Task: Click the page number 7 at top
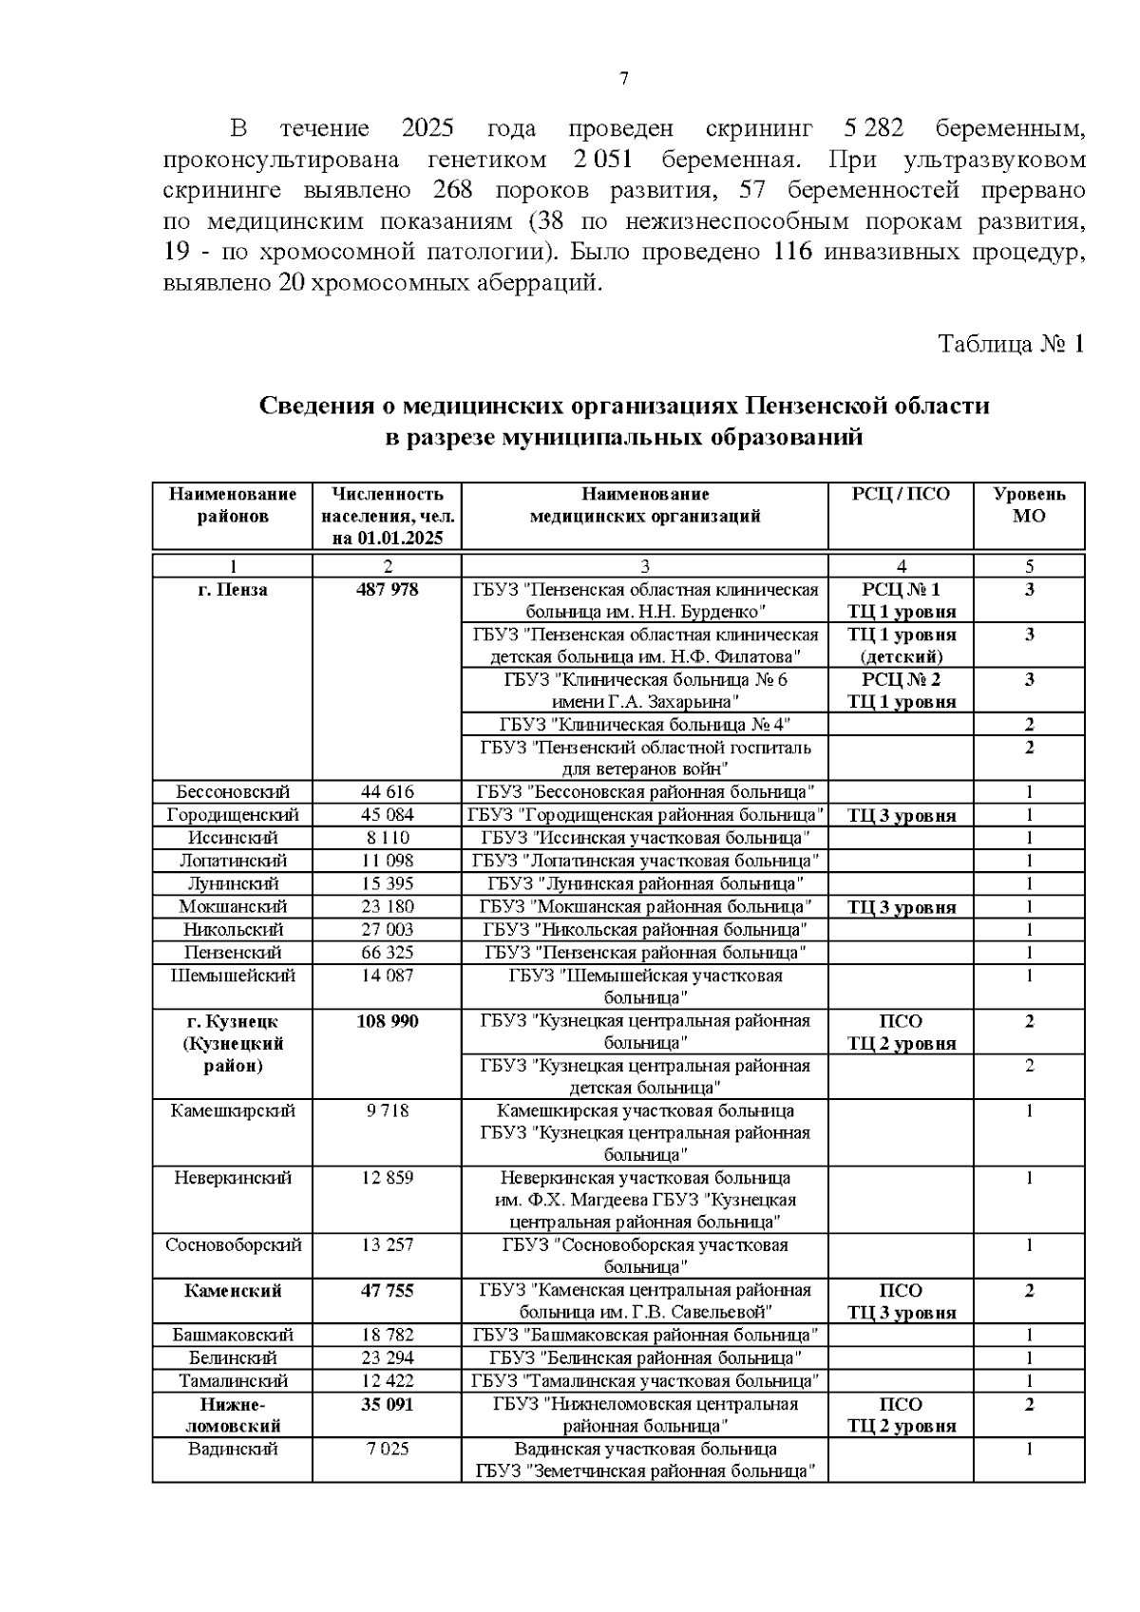coord(624,79)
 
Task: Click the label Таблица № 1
coord(1011,344)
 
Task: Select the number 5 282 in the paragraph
coord(872,128)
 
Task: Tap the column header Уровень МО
coord(1029,504)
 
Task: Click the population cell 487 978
coord(388,590)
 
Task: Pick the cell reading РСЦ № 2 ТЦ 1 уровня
coord(901,691)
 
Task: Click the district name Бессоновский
coord(233,791)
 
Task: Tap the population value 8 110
coord(388,838)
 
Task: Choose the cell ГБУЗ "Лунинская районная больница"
coord(644,883)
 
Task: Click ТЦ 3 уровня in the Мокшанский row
coord(901,907)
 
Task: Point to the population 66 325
coord(388,952)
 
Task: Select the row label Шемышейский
coord(233,976)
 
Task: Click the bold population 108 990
coord(388,1021)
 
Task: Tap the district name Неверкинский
coord(233,1178)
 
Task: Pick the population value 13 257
coord(388,1244)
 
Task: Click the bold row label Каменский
coord(233,1291)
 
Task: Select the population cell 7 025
coord(388,1450)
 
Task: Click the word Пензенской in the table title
coord(815,407)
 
